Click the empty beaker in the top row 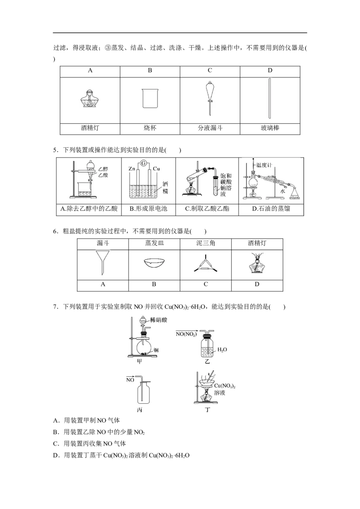[149, 98]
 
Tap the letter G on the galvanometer [144, 163]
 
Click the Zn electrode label [132, 169]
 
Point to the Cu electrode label [156, 169]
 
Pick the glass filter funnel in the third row [102, 262]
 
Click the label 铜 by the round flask [155, 350]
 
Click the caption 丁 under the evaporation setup [207, 409]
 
